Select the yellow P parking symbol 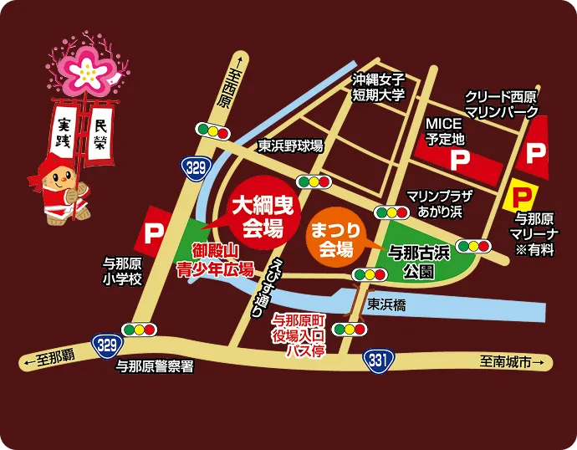(521, 197)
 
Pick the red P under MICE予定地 (457, 158)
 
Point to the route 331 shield (378, 359)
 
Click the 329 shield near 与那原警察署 (105, 345)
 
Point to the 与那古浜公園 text (416, 260)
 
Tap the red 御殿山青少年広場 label (213, 259)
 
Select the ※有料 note (534, 250)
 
